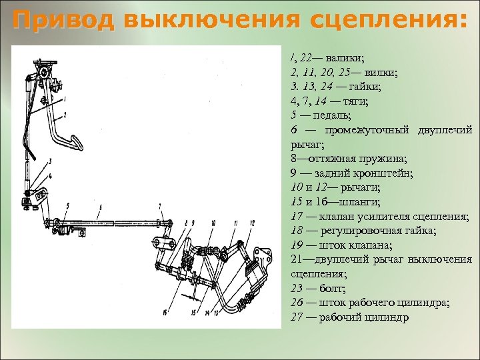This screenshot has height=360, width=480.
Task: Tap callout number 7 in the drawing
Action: [x=160, y=205]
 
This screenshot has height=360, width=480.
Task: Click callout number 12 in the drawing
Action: [x=253, y=222]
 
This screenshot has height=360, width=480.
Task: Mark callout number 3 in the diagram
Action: [x=49, y=162]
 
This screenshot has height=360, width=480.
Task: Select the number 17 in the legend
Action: [x=297, y=217]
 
